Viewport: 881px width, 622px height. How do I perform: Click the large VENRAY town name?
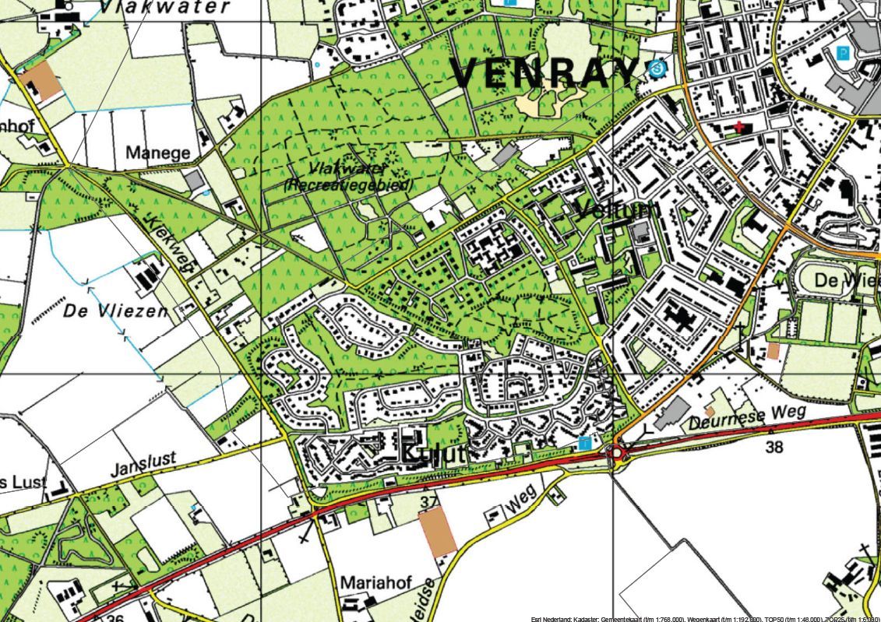[544, 73]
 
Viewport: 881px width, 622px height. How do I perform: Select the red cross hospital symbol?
[738, 127]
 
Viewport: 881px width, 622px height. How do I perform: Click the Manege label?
[157, 153]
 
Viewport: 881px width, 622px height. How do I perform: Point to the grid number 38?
[774, 447]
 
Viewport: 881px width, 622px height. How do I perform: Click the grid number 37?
[428, 501]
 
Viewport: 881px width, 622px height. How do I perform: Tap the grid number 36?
[115, 617]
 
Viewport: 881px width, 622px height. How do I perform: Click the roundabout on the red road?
[618, 453]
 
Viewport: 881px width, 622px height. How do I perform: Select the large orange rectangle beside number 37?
[437, 531]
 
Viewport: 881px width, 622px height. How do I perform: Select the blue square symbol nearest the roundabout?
[584, 443]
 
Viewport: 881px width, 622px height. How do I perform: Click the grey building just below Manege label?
[194, 180]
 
